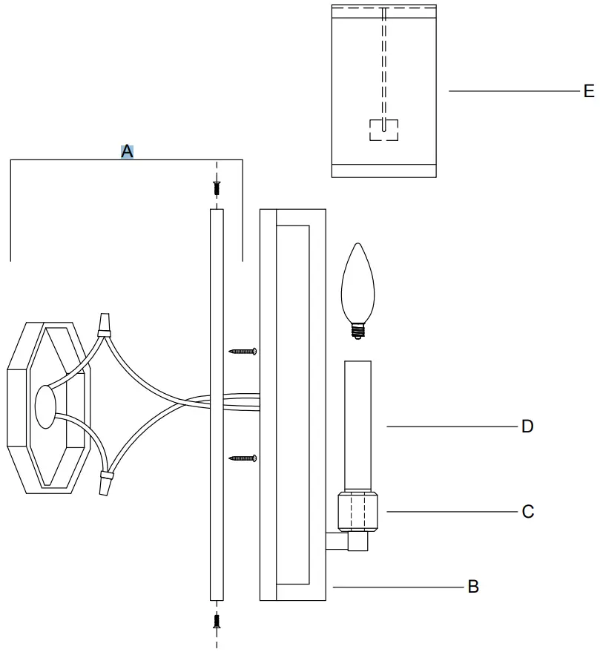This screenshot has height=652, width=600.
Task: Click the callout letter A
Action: (x=127, y=151)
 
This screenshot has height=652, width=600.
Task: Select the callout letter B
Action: (x=472, y=587)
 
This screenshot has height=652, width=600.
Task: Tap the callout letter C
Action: (x=527, y=512)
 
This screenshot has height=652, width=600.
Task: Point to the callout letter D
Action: (x=527, y=427)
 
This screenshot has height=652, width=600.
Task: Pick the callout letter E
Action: (x=588, y=91)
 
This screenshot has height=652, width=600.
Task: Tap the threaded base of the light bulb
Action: (x=360, y=329)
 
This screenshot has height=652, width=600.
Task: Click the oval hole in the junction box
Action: (x=45, y=406)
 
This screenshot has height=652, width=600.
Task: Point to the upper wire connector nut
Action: (x=105, y=324)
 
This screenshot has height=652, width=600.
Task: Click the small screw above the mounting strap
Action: (x=217, y=188)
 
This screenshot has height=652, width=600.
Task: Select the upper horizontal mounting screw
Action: (x=243, y=350)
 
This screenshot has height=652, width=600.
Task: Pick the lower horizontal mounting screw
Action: (x=243, y=458)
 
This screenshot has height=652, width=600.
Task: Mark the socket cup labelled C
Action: (x=358, y=511)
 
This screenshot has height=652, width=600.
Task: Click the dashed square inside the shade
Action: (x=383, y=130)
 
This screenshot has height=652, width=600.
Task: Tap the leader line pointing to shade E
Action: (x=512, y=91)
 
